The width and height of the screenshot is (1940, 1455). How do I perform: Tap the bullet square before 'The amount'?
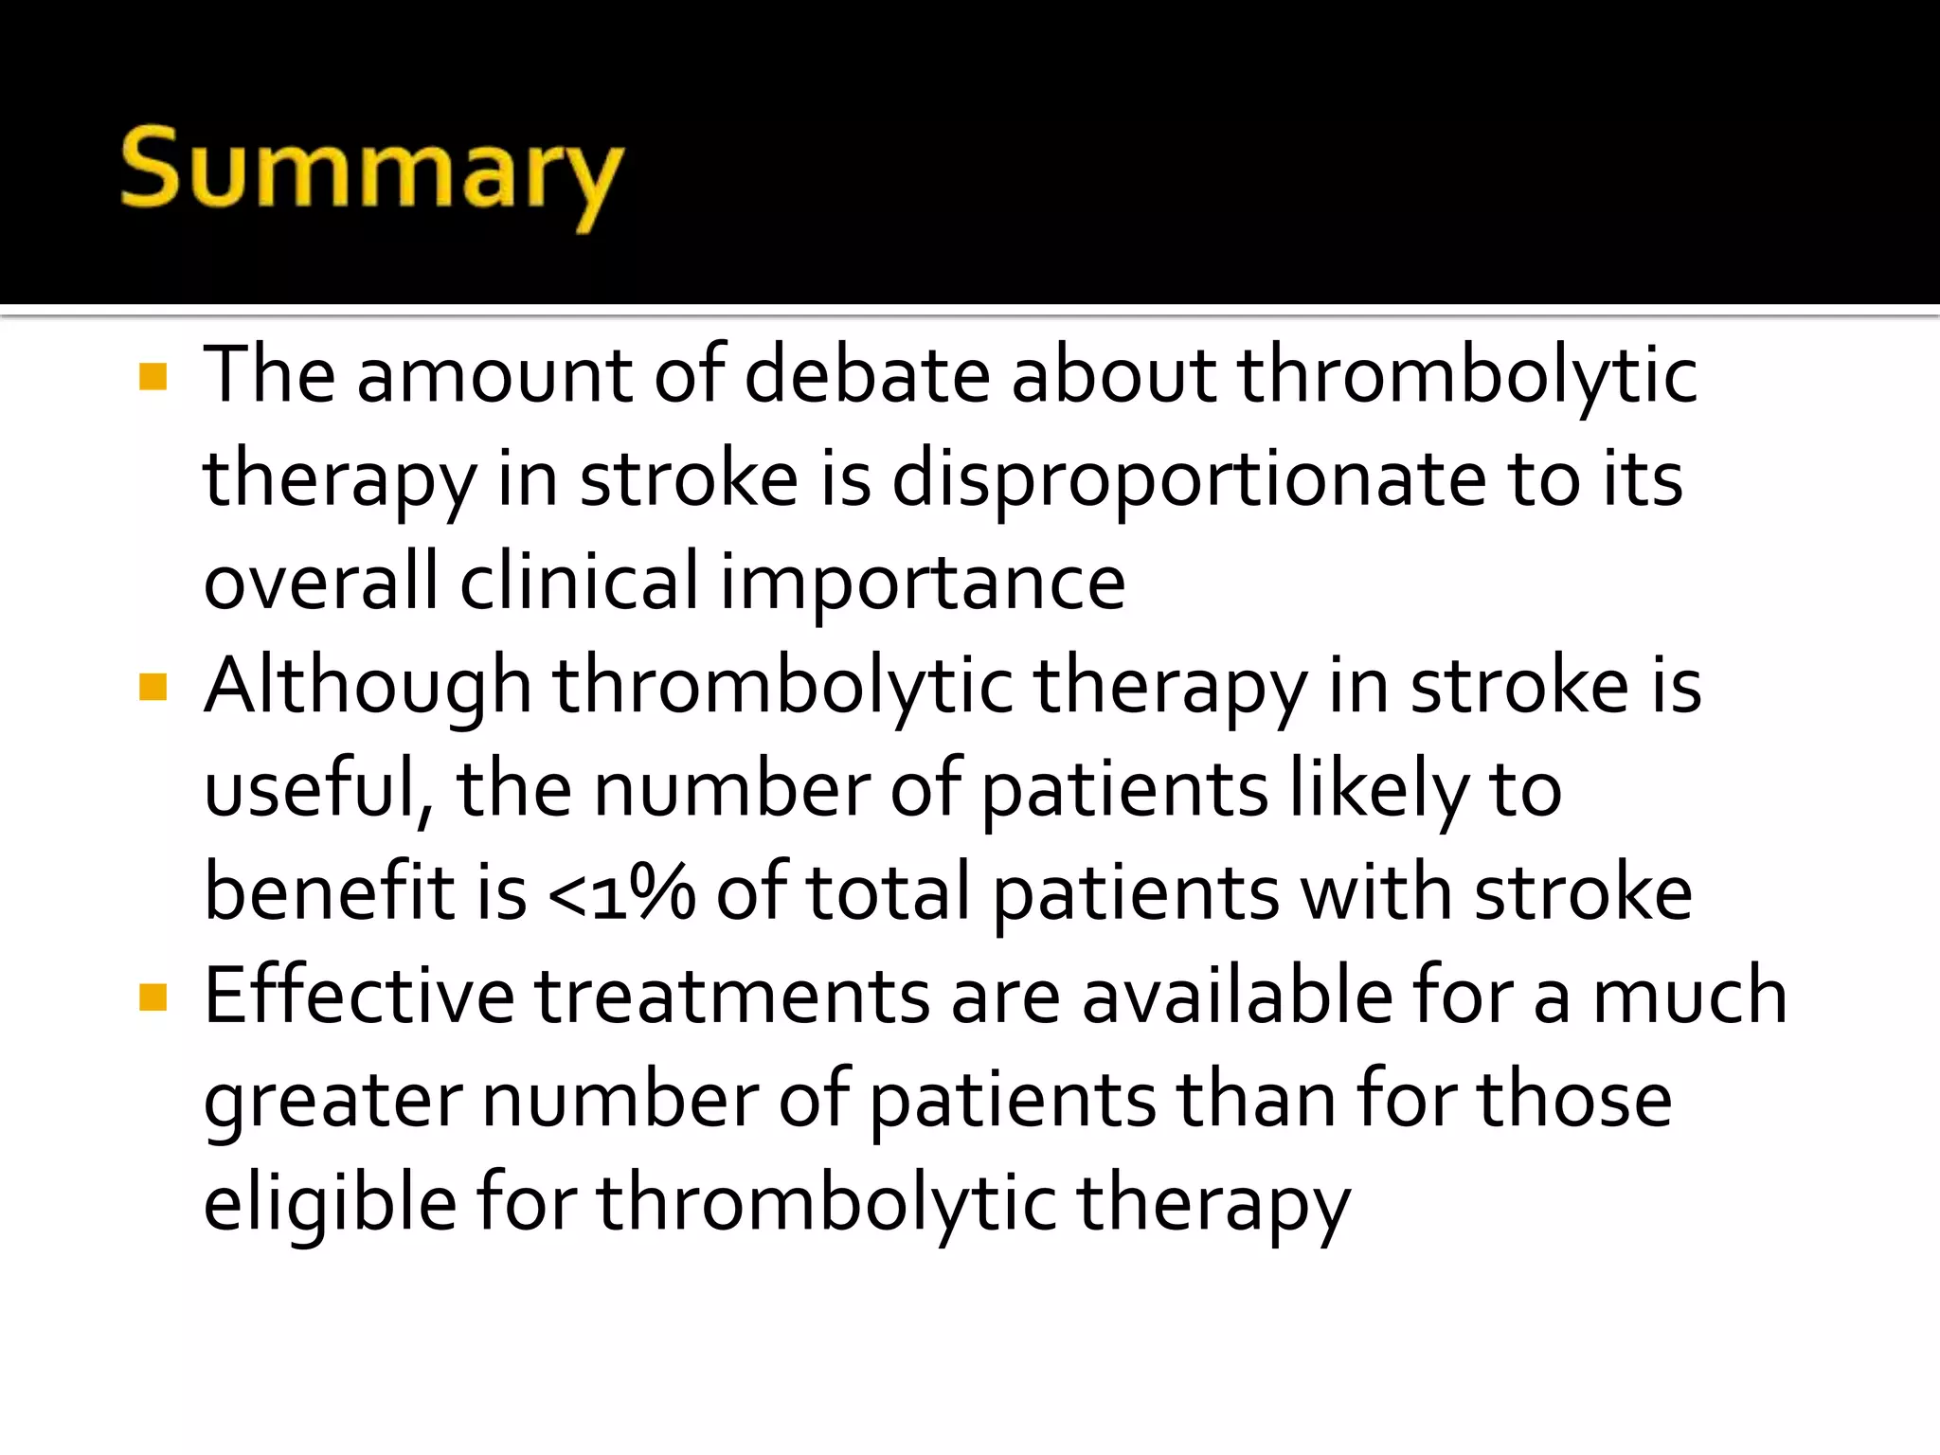pos(153,376)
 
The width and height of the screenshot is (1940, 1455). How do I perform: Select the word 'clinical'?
pos(579,582)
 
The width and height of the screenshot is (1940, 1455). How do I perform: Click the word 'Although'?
pos(368,688)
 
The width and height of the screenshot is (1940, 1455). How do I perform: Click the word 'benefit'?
pos(329,892)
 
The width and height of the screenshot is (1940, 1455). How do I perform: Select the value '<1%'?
pos(620,894)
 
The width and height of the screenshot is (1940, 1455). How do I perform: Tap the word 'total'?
pos(888,892)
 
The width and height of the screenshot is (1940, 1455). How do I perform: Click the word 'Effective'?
pos(359,996)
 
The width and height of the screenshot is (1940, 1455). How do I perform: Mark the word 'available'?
pos(1237,996)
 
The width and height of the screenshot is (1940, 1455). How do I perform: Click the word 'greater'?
pos(332,1102)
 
